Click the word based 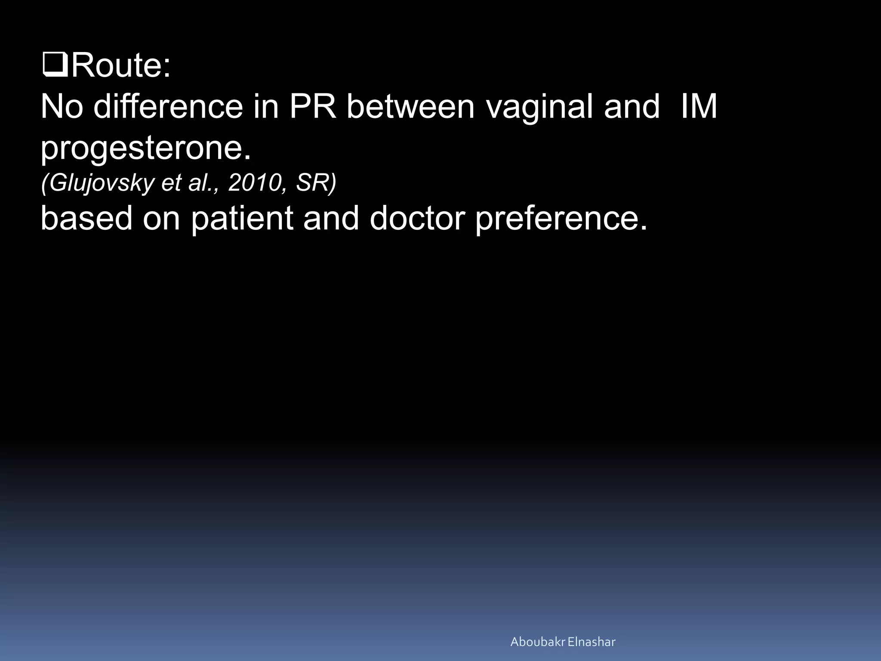[86, 218]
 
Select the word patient [242, 218]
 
